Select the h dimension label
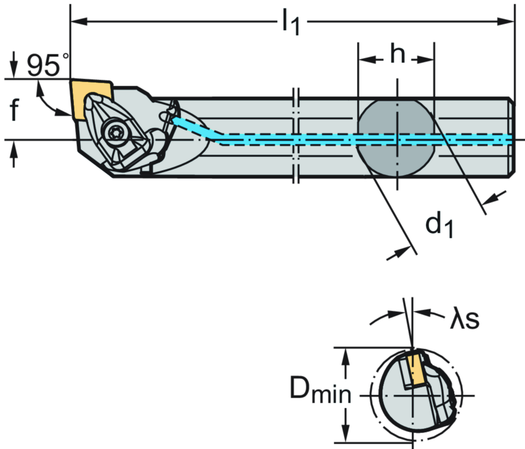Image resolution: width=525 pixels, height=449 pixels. tap(397, 54)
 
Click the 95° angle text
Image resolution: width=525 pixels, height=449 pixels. tap(47, 66)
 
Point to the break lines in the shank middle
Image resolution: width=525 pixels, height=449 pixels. tap(296, 136)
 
